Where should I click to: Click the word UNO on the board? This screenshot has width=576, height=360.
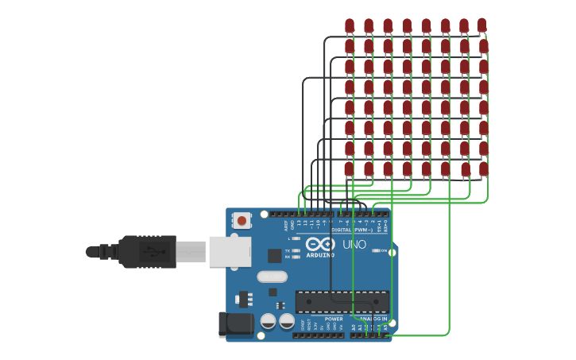pyautogui.click(x=354, y=245)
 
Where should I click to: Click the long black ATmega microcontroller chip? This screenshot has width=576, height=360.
pyautogui.click(x=342, y=302)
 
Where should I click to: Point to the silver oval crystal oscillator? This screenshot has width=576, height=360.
pyautogui.click(x=271, y=277)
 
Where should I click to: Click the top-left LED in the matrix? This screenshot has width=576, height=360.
pyautogui.click(x=350, y=26)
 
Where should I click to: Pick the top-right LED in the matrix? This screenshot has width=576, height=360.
pyautogui.click(x=482, y=26)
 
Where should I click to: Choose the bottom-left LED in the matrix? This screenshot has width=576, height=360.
pyautogui.click(x=350, y=168)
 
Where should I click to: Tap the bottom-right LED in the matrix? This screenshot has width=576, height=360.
pyautogui.click(x=483, y=168)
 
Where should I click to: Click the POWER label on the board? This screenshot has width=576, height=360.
pyautogui.click(x=334, y=319)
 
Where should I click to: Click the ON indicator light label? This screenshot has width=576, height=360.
pyautogui.click(x=384, y=250)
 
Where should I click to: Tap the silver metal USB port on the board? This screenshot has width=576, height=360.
pyautogui.click(x=230, y=251)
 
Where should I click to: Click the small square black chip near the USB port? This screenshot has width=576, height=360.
pyautogui.click(x=274, y=255)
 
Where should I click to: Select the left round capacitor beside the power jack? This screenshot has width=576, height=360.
pyautogui.click(x=268, y=321)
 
